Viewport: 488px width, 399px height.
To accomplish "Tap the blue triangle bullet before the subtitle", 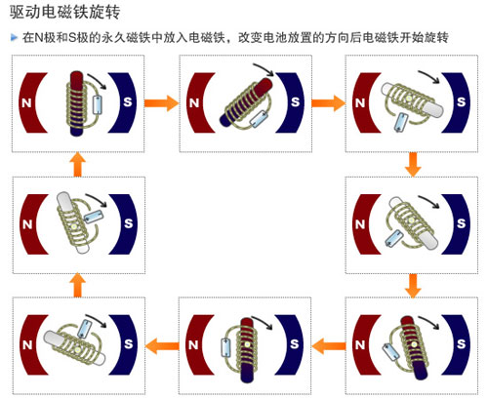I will (x=14, y=38).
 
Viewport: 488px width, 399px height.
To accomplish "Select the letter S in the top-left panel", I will (x=127, y=100).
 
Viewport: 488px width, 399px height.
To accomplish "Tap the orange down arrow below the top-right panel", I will (x=413, y=163).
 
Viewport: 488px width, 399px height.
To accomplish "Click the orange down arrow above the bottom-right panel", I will (x=413, y=284).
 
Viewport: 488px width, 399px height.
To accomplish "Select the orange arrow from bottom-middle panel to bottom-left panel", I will (x=160, y=343).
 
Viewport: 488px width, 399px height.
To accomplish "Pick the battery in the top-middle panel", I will (x=258, y=119).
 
